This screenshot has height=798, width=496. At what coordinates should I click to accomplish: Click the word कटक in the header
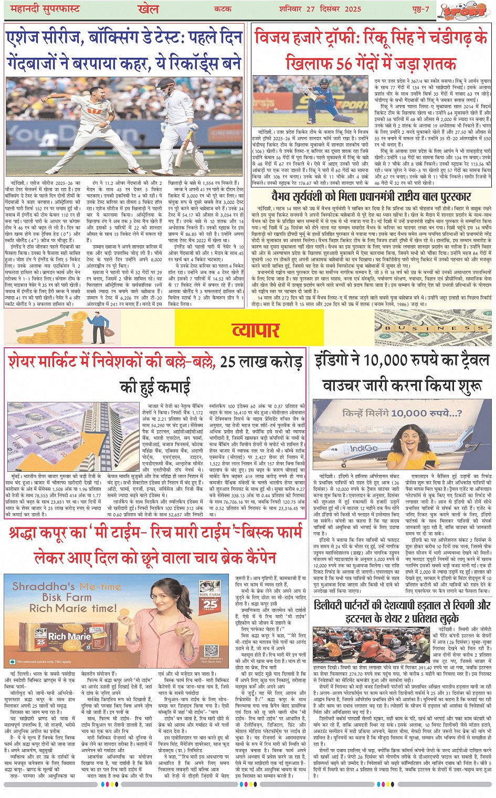(x=223, y=9)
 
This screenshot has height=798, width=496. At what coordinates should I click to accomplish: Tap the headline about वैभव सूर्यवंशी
(x=371, y=197)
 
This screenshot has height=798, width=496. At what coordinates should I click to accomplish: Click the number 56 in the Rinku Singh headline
(x=344, y=63)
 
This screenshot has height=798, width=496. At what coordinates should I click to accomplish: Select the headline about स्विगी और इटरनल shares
(x=403, y=612)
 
